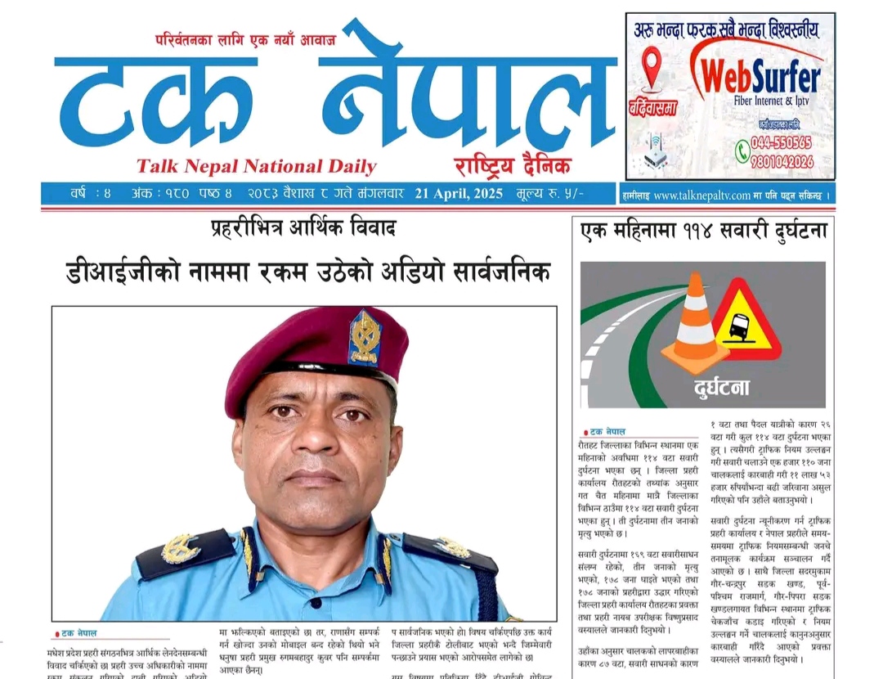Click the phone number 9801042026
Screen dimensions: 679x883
(783, 162)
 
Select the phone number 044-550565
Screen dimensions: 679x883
(782, 143)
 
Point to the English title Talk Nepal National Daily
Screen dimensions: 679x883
(256, 167)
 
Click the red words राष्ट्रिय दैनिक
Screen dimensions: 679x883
(513, 164)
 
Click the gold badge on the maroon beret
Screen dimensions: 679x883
(365, 336)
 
